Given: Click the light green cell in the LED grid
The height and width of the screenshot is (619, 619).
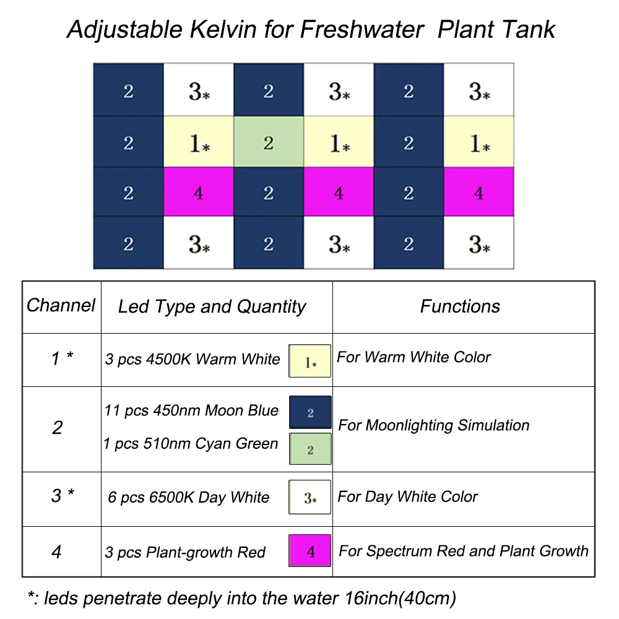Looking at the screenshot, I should [268, 143].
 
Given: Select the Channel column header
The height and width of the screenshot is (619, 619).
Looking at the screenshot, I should [61, 305].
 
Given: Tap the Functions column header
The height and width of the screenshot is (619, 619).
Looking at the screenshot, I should [460, 306].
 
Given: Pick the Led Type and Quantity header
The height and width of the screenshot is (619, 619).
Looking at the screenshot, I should [212, 307].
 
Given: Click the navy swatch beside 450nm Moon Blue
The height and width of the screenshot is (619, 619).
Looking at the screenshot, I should [310, 412].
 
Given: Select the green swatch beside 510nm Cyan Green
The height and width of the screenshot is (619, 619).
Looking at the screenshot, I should [310, 449].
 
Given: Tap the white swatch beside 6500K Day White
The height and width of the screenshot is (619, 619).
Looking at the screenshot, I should [310, 497].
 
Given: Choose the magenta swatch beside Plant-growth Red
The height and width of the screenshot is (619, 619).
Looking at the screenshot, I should [310, 550].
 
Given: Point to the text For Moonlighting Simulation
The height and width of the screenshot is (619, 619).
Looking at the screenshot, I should [434, 426].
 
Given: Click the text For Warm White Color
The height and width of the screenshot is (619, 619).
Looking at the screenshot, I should [413, 357].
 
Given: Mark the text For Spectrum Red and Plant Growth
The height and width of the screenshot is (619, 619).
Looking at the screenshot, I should [464, 551].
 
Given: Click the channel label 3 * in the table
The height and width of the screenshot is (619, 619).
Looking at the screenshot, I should [62, 496].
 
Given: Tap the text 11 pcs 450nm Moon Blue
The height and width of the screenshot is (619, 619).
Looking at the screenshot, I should [192, 411].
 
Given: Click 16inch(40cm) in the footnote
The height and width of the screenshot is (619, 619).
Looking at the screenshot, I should [398, 598].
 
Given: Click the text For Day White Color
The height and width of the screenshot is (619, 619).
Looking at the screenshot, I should [408, 497].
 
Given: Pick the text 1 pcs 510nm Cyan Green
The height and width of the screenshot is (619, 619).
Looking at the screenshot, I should [191, 444].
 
